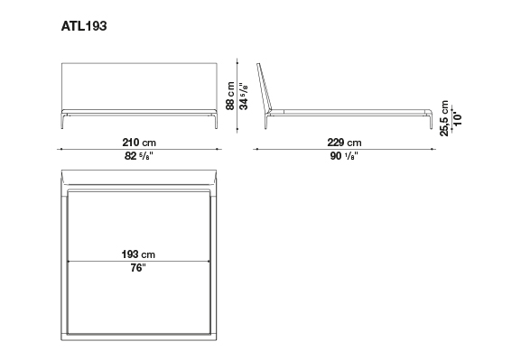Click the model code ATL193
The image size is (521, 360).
pos(84,26)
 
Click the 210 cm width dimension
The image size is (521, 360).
pos(139,143)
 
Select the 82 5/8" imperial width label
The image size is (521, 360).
pos(139,155)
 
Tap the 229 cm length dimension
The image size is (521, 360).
pos(344,143)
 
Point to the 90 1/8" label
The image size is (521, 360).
pos(344,155)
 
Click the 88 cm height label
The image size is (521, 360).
pos(230,96)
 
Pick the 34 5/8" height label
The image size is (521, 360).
pos(244,97)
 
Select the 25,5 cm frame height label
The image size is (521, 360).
pos(444,118)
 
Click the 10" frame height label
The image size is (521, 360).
pos(458,118)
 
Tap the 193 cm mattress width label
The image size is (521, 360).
pos(138,254)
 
